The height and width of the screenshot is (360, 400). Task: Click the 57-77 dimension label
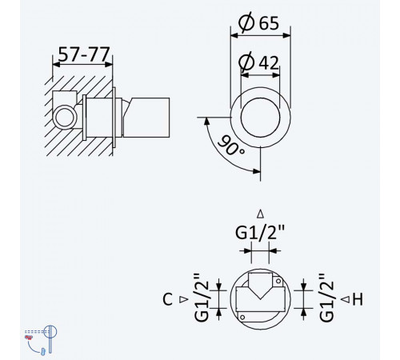[x=84, y=54]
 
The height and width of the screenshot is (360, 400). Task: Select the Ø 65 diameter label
[x=258, y=22]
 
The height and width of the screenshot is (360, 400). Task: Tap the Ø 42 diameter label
[x=258, y=62]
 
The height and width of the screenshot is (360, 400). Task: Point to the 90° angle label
[x=231, y=146]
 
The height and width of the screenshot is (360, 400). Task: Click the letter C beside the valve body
[x=167, y=299]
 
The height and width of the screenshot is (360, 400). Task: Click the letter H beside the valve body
[x=358, y=299]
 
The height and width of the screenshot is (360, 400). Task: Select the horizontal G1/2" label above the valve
[x=260, y=232]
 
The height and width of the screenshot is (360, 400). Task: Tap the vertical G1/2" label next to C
[x=202, y=298]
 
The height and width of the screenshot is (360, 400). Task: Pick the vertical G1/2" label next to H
[x=326, y=298]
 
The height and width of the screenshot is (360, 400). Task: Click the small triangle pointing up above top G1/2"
[x=261, y=214]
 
